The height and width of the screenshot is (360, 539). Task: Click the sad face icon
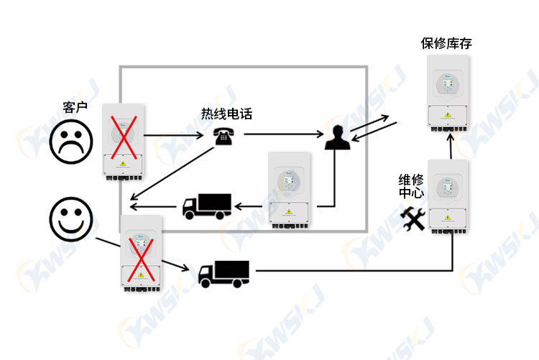coord(71,142)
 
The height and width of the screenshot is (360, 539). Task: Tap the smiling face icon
coord(71,219)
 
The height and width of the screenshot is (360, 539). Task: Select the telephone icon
coord(224,136)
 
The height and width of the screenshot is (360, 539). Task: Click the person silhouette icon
coord(338,137)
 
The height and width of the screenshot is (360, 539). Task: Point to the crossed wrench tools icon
coord(413,218)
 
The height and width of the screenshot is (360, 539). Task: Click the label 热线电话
coord(226,114)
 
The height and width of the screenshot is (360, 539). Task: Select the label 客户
coord(75,107)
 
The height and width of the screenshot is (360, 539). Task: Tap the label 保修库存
coord(446,43)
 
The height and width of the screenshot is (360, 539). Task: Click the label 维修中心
coord(411,186)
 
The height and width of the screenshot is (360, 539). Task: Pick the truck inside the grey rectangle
coord(206,206)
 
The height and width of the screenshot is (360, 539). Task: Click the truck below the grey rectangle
coord(224,274)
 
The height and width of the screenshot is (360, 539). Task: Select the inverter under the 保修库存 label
coord(448,93)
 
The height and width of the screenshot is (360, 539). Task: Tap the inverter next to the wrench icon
coord(448,196)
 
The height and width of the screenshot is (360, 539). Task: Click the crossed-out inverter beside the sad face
coord(123,142)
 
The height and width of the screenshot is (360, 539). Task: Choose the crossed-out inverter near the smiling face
coord(141,254)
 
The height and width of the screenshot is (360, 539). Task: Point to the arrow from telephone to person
coord(284,134)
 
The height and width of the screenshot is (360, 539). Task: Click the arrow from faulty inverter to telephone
coord(174,136)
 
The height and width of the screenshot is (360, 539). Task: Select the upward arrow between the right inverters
coord(451,147)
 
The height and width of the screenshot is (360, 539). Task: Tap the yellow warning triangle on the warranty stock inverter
coord(448,115)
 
